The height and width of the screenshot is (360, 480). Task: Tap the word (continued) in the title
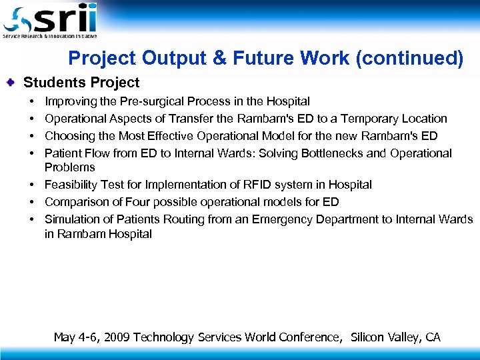tap(409, 59)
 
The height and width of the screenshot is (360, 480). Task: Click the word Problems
tap(70, 167)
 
